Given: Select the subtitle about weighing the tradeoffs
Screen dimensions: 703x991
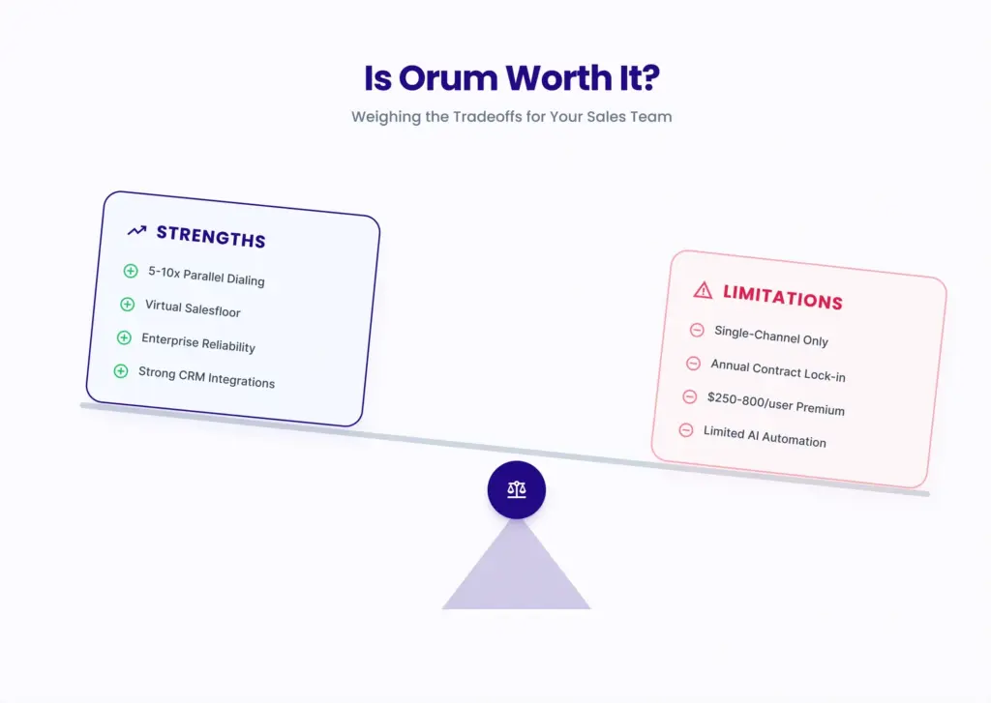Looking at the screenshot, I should [x=511, y=117].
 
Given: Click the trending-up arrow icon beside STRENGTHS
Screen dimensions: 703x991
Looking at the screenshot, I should [x=136, y=231].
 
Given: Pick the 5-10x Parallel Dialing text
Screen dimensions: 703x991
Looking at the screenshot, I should [x=206, y=276].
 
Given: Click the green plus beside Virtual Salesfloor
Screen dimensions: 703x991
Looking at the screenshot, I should [x=127, y=305].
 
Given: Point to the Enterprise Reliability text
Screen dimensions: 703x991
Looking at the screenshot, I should [x=198, y=342].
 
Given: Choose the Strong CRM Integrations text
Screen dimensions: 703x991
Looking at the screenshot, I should [x=206, y=377].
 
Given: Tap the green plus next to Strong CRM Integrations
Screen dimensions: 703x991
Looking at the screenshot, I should [x=121, y=370].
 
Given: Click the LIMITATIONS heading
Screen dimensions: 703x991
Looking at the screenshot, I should [x=782, y=297].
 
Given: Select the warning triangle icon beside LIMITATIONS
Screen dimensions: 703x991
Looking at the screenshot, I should [x=703, y=289].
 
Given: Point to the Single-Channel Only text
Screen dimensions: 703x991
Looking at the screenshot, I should [x=771, y=336].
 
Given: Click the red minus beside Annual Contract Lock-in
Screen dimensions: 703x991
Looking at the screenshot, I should [x=693, y=364].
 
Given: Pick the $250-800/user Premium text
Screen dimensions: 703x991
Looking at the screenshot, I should [x=776, y=403].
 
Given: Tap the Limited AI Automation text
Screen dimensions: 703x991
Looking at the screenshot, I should [x=765, y=436].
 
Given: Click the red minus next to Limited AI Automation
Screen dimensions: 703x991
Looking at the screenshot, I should [x=686, y=429].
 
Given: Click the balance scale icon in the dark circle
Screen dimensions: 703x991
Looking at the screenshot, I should [x=517, y=490].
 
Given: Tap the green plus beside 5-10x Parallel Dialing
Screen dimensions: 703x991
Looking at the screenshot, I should [x=131, y=271].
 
